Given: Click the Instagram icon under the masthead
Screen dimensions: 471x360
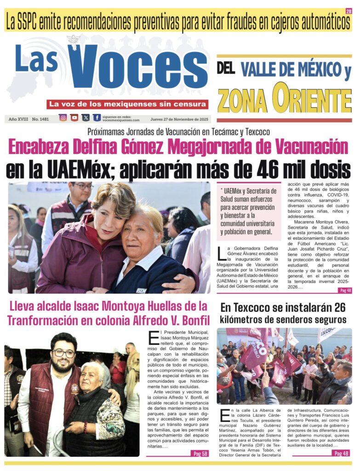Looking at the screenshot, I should (x=63, y=118).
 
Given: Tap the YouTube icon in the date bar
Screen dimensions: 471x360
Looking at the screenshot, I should (x=74, y=118).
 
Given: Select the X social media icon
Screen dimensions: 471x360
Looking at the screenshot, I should (x=86, y=118).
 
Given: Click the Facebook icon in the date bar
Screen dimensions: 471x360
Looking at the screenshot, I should (x=97, y=118).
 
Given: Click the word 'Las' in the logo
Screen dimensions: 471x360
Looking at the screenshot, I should (x=37, y=60).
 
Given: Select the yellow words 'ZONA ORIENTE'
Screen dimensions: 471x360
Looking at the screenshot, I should (x=284, y=99).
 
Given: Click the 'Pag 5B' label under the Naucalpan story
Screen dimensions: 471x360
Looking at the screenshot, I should (x=200, y=453).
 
